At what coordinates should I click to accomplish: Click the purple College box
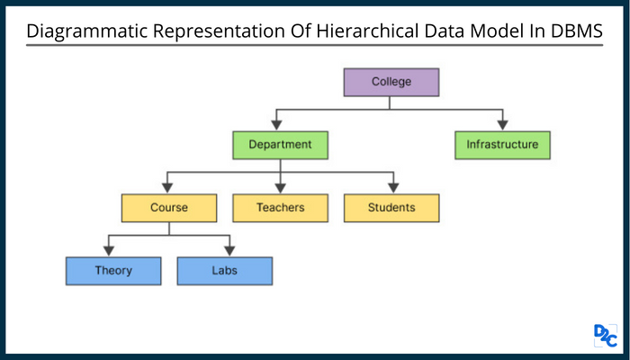pos(391,82)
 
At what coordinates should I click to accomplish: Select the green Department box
pos(280,144)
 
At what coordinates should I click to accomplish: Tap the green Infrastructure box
pos(502,144)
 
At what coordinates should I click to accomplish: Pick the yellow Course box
pos(169,207)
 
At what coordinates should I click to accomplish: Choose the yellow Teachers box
pos(280,207)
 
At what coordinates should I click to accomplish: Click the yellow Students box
pos(391,207)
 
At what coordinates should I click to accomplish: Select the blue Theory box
pos(112,270)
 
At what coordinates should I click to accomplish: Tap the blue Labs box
pos(224,270)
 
